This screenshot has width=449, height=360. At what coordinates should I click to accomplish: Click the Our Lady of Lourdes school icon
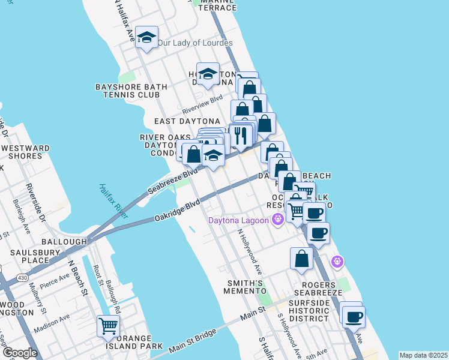[146, 38]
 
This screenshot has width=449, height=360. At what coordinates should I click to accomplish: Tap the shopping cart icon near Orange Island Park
[108, 326]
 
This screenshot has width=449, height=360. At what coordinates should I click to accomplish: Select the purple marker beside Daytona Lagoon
[277, 220]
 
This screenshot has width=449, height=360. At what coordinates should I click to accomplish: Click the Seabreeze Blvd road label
[173, 180]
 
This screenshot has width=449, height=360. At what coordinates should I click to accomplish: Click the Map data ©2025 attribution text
[423, 355]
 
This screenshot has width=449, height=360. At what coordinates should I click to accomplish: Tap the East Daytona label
[179, 121]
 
